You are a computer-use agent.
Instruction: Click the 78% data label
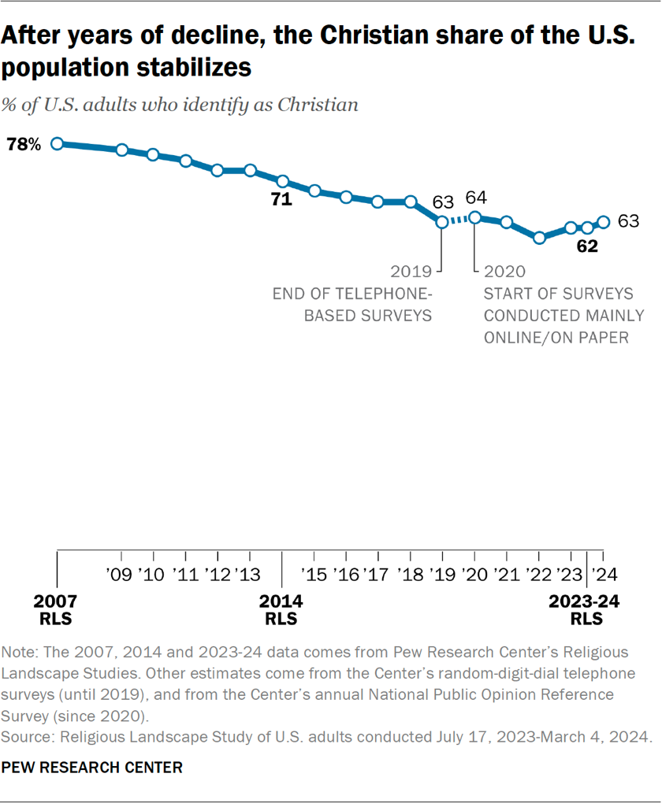24,145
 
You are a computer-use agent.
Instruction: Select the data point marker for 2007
57,143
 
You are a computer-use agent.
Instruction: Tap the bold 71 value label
281,200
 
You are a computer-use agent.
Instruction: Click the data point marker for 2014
282,181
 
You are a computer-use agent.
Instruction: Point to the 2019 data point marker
442,222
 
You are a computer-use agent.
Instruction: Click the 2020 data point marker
474,217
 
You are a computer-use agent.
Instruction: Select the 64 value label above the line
478,197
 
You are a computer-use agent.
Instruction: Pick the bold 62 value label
587,246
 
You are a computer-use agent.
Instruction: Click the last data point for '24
604,222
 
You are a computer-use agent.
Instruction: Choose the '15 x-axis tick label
314,573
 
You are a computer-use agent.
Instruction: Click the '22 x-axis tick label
539,573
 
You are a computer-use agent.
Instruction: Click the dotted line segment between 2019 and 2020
459,220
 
